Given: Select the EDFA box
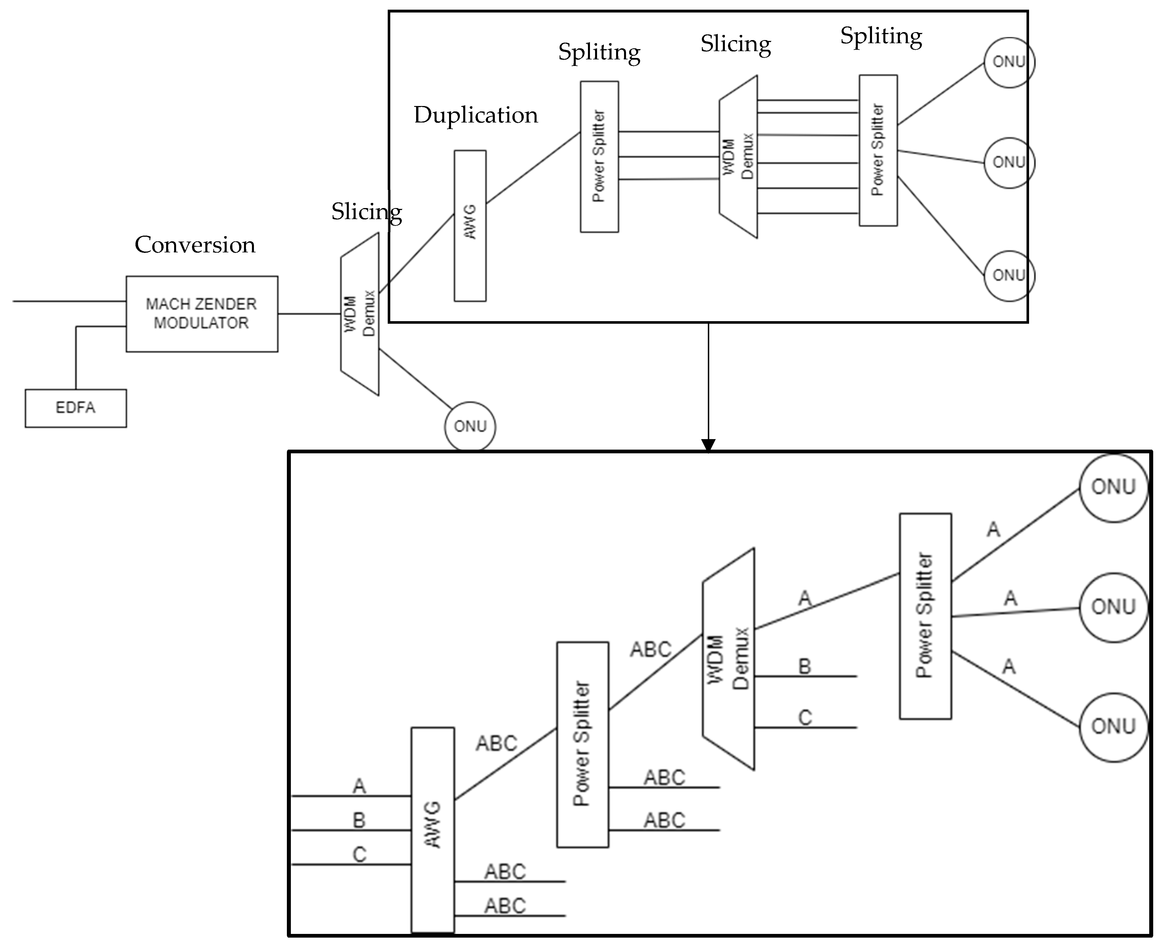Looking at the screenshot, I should [76, 408].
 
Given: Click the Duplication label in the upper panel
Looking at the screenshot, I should [475, 115].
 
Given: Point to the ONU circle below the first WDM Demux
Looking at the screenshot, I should [470, 426].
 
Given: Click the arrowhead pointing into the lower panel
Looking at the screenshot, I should [708, 445].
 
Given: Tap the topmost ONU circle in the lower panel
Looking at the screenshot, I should [1113, 487].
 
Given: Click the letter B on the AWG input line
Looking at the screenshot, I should [359, 820].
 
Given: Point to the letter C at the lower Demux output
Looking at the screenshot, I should [805, 717].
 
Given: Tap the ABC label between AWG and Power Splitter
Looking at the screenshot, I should [496, 743].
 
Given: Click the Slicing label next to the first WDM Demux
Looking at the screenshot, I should [367, 211].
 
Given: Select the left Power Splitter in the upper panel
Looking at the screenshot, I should [599, 157].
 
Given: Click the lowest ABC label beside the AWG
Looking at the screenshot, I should [505, 906].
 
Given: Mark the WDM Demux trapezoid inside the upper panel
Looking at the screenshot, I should [738, 157].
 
